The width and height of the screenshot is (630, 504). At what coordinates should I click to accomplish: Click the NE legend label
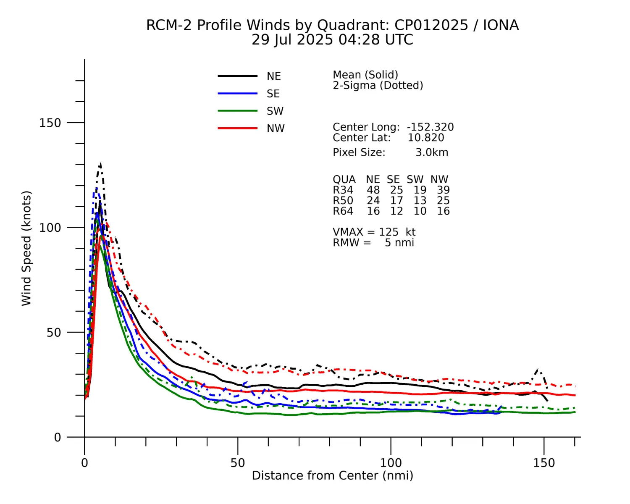pos(273,76)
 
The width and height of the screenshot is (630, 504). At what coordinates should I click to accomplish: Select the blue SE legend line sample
pos(237,93)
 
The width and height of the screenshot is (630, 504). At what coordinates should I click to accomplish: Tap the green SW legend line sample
pos(237,111)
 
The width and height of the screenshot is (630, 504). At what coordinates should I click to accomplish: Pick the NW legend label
pos(276,129)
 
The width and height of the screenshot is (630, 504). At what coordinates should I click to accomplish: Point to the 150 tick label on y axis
pos(50,123)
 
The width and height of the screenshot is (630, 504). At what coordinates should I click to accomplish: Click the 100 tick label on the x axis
pos(391,463)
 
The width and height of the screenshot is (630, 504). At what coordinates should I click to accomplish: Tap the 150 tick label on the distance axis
pos(544,463)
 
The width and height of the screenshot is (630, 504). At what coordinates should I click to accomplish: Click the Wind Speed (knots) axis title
pos(26,248)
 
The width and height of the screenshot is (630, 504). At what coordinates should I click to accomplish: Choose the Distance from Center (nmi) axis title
pos(332,475)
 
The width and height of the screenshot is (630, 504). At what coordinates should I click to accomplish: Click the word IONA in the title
pos(501,25)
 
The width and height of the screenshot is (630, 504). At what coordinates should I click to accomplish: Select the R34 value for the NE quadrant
pos(373,190)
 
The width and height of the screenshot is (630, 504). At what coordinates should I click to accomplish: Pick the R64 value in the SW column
pos(420,211)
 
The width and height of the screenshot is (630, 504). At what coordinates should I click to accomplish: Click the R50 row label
pos(343,201)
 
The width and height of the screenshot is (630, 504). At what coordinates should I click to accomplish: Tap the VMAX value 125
pos(388,232)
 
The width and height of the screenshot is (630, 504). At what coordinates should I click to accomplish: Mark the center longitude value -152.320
pos(430,127)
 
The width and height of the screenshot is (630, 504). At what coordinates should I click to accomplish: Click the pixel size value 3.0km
pos(432,152)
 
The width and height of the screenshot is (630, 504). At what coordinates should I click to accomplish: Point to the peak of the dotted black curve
pos(100,163)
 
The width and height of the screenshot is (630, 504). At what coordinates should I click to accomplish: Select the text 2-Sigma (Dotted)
pos(378,85)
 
